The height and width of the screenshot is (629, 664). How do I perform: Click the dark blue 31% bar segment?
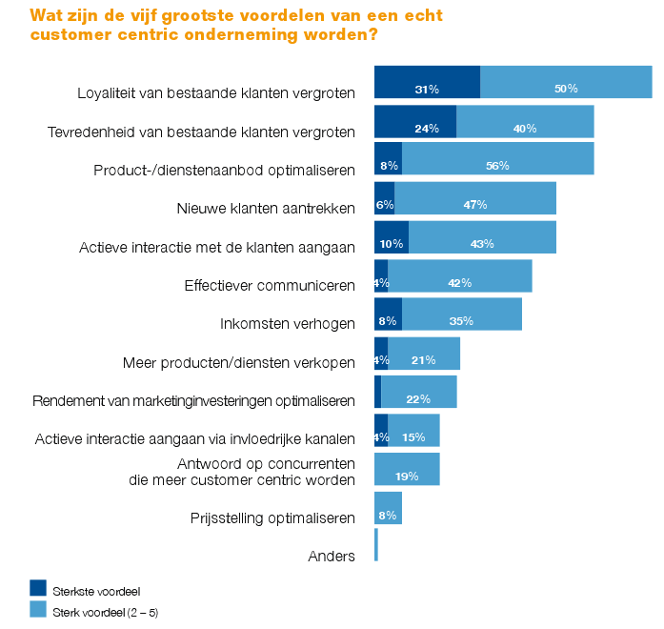coord(427,82)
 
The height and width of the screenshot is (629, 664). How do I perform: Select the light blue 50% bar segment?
coord(566,82)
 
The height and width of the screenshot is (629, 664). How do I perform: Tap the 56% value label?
coord(497,166)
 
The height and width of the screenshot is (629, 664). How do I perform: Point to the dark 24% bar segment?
coord(415,121)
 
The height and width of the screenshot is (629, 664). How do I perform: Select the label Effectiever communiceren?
coord(270,285)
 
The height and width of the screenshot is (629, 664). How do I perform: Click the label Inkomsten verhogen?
coord(287,323)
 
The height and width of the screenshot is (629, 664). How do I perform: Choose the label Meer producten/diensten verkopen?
coord(239,362)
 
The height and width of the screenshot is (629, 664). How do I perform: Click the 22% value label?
coord(418,398)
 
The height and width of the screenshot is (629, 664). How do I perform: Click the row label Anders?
coord(332,556)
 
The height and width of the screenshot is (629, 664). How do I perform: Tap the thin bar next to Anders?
coord(376,545)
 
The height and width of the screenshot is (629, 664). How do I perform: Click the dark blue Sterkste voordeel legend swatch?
coord(38,587)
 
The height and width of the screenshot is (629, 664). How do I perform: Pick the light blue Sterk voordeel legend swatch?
coord(38,608)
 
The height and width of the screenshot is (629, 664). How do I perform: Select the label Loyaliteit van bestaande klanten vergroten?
coord(216,92)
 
